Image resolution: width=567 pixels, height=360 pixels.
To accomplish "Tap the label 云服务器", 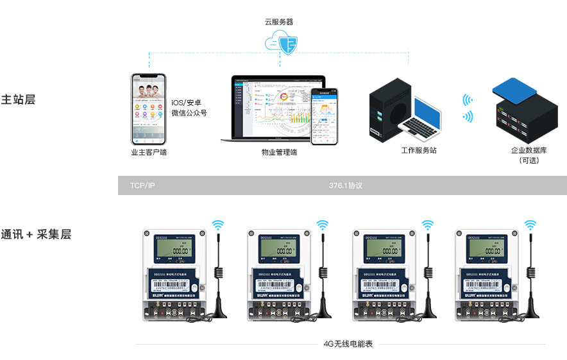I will pos(279,21).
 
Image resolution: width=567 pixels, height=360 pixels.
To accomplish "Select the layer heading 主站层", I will pos(18,100).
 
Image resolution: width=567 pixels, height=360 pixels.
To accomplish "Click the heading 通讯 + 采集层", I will pos(36,234).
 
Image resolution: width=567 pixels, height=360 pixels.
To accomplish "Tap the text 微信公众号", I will pos(189,114).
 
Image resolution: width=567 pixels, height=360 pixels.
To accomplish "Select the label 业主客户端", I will pos(149,153).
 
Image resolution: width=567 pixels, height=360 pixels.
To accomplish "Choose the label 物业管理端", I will pos(279,153).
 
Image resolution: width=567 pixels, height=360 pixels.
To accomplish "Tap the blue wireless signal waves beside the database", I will pos(468,108).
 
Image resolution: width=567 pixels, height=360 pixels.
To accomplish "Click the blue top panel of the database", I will pos(514,89).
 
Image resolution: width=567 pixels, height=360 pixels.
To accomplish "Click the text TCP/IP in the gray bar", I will pos(142,185).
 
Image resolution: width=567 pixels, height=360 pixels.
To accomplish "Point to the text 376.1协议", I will pos(346,185).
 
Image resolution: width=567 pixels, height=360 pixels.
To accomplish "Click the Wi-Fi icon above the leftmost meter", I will pos(219,225).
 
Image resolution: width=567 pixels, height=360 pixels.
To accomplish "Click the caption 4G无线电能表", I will pos(349,344).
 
